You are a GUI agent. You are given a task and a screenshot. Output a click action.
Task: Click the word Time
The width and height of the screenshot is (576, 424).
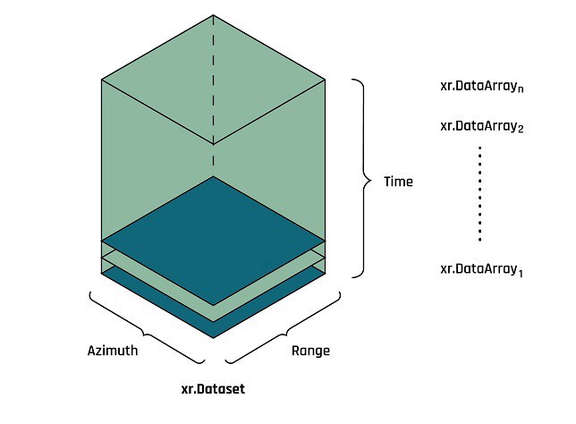click(398, 182)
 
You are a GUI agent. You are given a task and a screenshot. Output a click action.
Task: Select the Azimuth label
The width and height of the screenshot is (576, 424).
click(113, 351)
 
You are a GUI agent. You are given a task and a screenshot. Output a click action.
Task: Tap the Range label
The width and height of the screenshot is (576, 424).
click(310, 351)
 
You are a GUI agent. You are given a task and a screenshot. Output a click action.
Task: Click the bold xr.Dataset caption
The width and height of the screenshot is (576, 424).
click(213, 390)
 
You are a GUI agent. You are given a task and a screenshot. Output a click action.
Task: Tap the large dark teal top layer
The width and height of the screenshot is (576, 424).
click(213, 239)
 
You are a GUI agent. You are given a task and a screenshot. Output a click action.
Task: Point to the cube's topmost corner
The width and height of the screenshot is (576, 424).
click(213, 16)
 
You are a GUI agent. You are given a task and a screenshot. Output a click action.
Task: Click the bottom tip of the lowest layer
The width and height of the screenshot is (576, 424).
click(213, 337)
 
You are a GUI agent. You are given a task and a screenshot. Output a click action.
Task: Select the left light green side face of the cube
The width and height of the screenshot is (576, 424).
click(143, 161)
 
